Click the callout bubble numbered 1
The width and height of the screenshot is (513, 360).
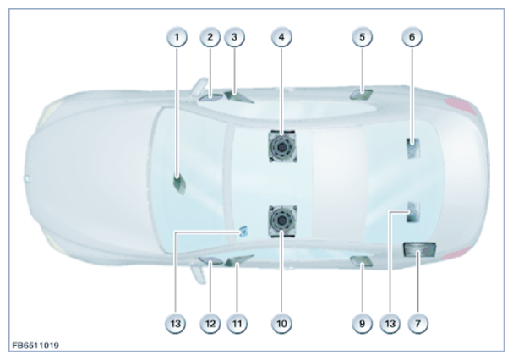[177, 37]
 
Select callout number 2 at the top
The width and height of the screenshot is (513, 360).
[210, 37]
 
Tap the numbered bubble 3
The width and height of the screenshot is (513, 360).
[234, 37]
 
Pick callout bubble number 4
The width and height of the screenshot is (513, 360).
[281, 37]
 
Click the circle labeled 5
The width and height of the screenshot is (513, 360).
[362, 37]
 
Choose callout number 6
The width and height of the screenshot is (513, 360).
[412, 37]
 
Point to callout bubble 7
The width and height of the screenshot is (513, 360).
[417, 324]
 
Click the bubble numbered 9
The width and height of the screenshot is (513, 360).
[362, 324]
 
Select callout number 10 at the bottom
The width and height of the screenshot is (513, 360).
[281, 324]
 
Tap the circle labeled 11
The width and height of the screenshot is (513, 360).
[237, 324]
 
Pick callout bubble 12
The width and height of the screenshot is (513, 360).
[210, 324]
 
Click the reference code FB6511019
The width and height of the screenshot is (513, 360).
[35, 346]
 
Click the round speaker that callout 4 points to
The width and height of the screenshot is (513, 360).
[282, 146]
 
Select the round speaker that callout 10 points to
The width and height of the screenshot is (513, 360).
[282, 221]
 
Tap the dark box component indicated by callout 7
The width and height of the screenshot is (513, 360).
[419, 249]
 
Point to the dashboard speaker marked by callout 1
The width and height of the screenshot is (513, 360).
[180, 184]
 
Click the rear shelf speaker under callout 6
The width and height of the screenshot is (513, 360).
[413, 148]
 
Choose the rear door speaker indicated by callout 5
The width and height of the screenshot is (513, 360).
[361, 95]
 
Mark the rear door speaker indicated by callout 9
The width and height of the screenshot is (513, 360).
[361, 261]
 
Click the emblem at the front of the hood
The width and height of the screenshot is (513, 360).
[27, 178]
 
